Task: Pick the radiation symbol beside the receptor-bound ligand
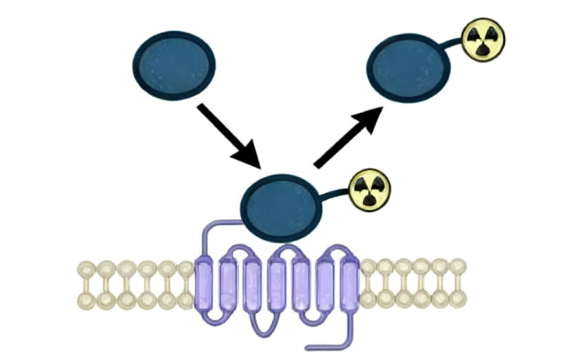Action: pyautogui.click(x=370, y=188)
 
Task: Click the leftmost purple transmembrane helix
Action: pyautogui.click(x=205, y=284)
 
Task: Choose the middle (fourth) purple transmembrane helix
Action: pyautogui.click(x=277, y=284)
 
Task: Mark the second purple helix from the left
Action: pyautogui.click(x=229, y=284)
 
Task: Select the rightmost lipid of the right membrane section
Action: pyautogui.click(x=459, y=284)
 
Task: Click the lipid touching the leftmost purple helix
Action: pyautogui.click(x=186, y=284)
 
